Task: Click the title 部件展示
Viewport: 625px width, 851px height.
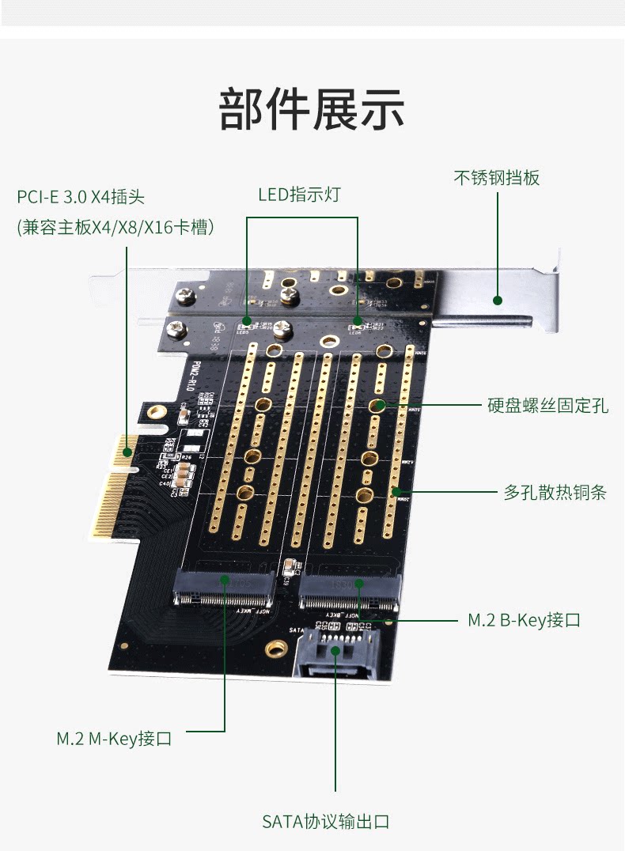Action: click(312, 109)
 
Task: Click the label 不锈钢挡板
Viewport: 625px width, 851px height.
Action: click(497, 178)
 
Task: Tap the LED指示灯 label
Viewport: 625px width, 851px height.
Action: click(299, 195)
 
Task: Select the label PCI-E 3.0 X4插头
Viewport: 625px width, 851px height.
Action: click(81, 196)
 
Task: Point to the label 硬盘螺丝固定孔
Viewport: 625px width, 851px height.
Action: click(547, 406)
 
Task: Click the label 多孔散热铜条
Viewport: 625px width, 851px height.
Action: click(555, 492)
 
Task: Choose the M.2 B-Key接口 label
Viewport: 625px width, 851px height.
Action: click(524, 620)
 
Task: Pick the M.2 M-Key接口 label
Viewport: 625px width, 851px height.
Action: click(114, 739)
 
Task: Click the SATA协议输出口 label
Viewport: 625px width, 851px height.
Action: click(326, 822)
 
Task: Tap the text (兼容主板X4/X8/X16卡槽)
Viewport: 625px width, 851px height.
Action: click(116, 227)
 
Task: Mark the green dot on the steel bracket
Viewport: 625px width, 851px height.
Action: click(498, 300)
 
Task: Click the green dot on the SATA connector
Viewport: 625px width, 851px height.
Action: click(335, 650)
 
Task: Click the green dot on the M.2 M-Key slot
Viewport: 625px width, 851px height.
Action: click(225, 580)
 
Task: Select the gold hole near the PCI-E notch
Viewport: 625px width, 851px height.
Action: click(157, 412)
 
